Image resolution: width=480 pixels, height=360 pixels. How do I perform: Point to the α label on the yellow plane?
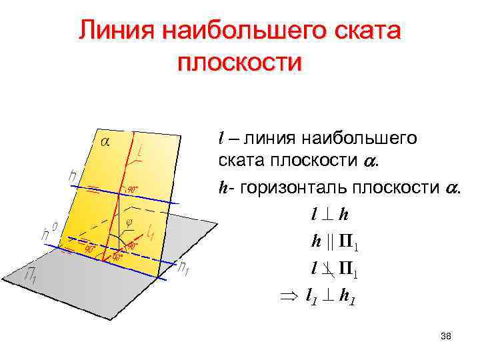pos(105,141)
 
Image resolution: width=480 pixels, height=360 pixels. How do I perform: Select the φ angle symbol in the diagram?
pos(129,222)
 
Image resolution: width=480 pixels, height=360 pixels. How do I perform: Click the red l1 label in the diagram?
pos(151,232)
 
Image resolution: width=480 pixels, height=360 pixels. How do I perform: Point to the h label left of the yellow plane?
pos(73,176)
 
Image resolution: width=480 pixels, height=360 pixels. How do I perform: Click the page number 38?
pos(446,337)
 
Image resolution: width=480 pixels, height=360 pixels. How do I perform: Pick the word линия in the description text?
pos(271,139)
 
